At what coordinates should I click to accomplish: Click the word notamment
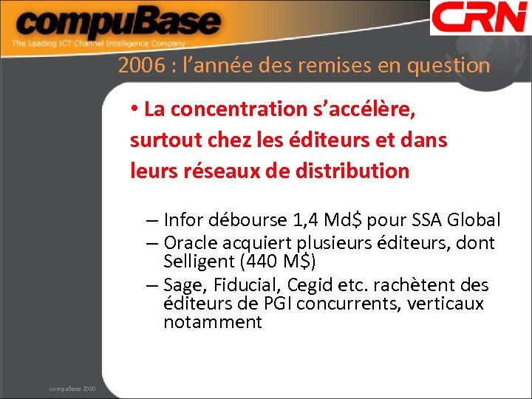213,322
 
